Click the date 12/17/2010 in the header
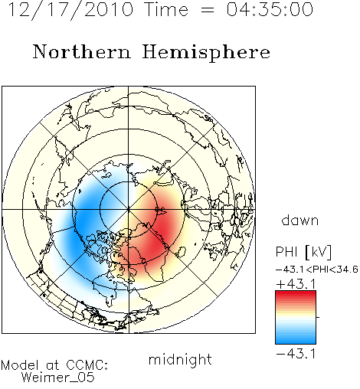(70, 10)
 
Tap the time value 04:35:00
(270, 10)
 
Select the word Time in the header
(166, 10)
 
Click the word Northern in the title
(82, 51)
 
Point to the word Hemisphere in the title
(206, 53)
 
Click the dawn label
(300, 221)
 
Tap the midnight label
(180, 360)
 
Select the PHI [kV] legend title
(303, 252)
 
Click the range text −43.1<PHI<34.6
(317, 270)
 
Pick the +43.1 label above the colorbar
(296, 284)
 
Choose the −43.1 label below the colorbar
(296, 354)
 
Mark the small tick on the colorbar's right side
(318, 317)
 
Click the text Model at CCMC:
(54, 365)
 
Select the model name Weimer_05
(58, 378)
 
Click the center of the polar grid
(129, 210)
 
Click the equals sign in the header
(208, 10)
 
